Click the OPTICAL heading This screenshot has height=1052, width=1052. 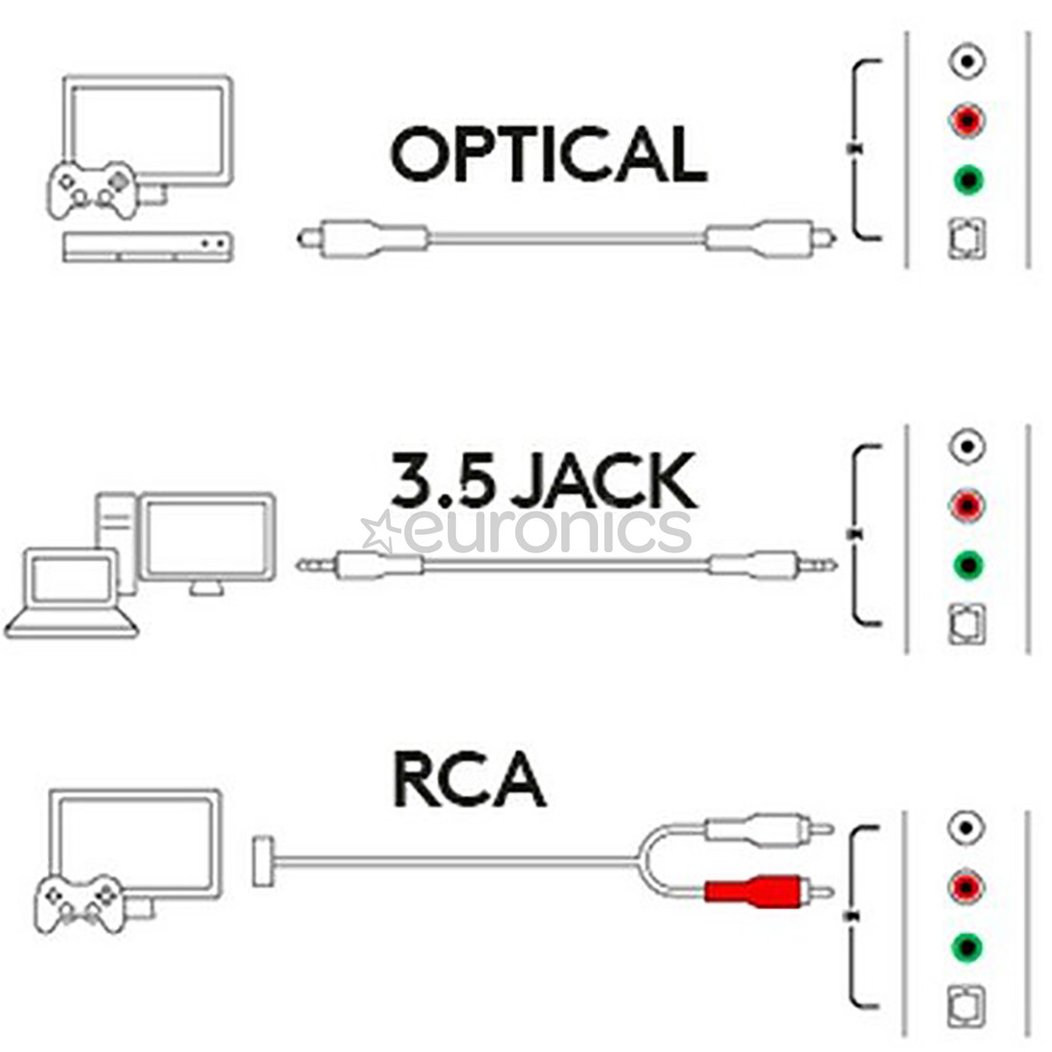(x=548, y=155)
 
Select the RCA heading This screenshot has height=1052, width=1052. (x=469, y=779)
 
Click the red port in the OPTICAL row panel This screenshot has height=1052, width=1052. (x=967, y=122)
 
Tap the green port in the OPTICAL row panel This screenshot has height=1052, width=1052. (x=967, y=180)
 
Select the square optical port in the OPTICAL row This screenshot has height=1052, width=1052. (x=967, y=239)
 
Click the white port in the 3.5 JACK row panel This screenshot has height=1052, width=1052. (x=967, y=447)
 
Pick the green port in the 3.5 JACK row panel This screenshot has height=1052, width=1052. (x=967, y=564)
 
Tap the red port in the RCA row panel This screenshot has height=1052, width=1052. (x=967, y=887)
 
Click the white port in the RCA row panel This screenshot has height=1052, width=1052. (x=967, y=829)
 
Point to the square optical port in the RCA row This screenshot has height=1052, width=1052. (x=967, y=1003)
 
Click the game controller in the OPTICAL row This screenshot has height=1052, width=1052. (x=93, y=189)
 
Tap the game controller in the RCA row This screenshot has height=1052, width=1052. (x=80, y=902)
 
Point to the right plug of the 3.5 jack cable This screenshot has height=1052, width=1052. (x=770, y=564)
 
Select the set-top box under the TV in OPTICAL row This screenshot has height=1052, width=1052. (x=147, y=246)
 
